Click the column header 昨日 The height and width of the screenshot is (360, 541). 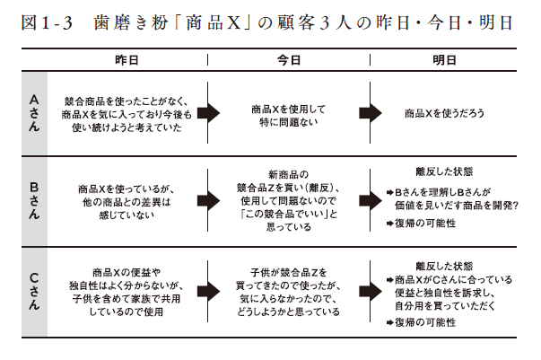click(127, 60)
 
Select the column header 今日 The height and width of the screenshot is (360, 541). click(289, 60)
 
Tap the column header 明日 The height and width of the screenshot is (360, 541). click(444, 60)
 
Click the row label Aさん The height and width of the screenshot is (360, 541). click(34, 113)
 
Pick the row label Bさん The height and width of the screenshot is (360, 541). click(34, 200)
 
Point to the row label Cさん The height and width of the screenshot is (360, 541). click(34, 291)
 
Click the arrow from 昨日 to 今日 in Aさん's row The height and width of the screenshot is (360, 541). click(209, 113)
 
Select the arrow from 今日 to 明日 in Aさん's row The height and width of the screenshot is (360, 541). click(371, 113)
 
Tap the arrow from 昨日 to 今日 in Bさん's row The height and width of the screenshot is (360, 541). click(209, 200)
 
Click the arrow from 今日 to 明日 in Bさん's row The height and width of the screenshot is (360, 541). click(371, 200)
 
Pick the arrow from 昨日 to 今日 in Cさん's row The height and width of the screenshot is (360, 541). click(209, 291)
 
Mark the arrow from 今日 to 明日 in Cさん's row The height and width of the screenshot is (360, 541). click(371, 291)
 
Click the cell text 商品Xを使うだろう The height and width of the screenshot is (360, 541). click(444, 113)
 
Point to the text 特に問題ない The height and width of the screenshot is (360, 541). click(289, 122)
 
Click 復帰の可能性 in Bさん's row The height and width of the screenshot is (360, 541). click(425, 224)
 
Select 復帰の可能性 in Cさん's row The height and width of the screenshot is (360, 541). click(425, 322)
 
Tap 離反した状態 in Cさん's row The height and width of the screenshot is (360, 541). click(444, 266)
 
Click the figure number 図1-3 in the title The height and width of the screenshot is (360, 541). click(47, 22)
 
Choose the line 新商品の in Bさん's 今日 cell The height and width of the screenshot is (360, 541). click(289, 174)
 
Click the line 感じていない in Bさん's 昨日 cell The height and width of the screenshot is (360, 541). click(127, 215)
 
